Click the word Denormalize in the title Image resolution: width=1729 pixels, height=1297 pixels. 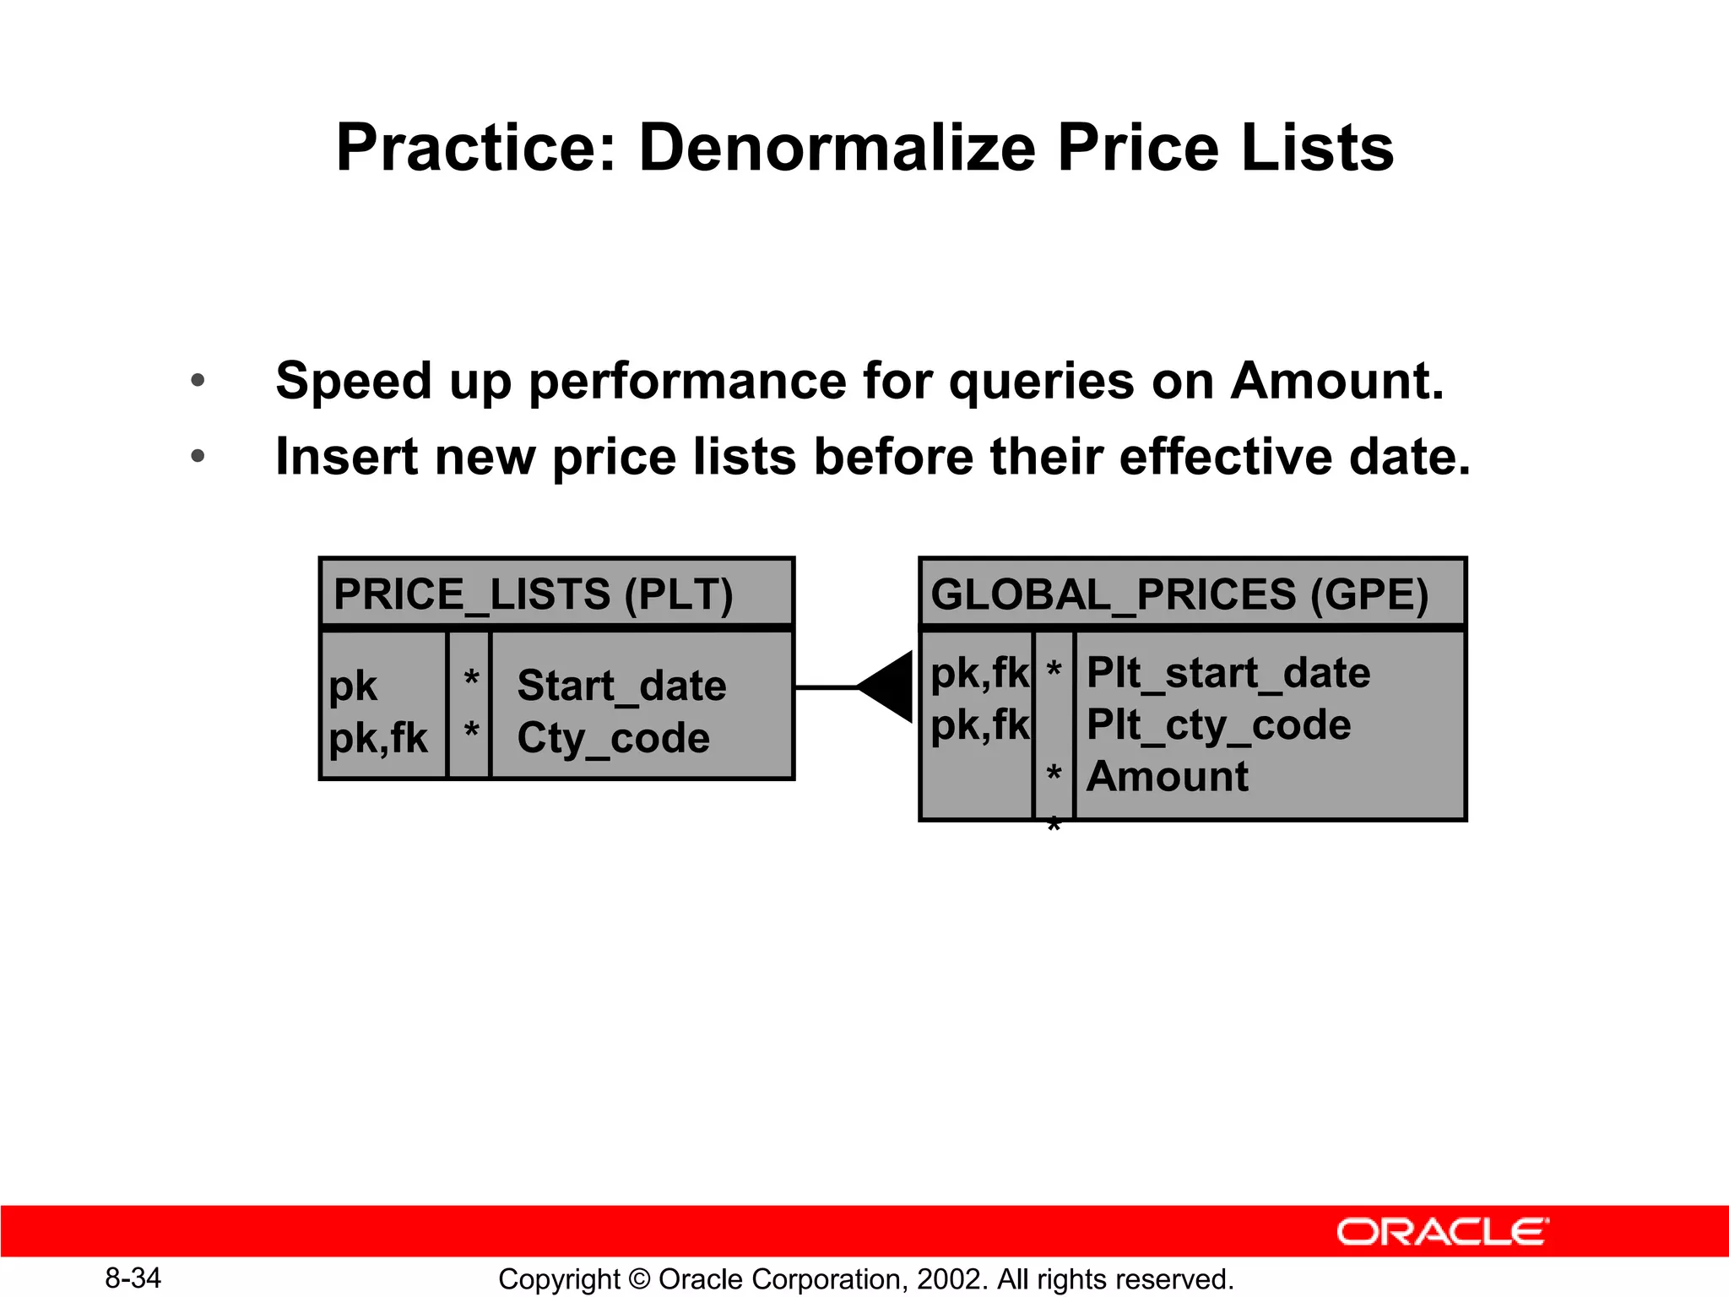837,149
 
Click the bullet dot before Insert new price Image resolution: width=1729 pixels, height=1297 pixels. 198,457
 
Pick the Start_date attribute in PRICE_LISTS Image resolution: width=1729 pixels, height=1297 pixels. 621,685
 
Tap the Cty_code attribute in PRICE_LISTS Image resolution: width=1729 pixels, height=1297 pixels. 613,738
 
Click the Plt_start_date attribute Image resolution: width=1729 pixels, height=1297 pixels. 1228,673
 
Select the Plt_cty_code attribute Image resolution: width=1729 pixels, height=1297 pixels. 1218,725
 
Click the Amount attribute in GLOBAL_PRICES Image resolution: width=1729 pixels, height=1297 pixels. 1167,776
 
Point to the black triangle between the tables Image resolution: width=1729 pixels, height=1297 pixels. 889,686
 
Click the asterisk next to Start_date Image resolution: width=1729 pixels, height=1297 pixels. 471,678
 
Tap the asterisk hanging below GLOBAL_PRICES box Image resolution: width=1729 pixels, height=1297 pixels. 1053,824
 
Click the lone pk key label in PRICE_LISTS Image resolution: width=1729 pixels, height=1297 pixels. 353,686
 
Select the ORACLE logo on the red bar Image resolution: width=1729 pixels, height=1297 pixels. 1442,1232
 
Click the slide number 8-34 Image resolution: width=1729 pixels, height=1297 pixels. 133,1278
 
